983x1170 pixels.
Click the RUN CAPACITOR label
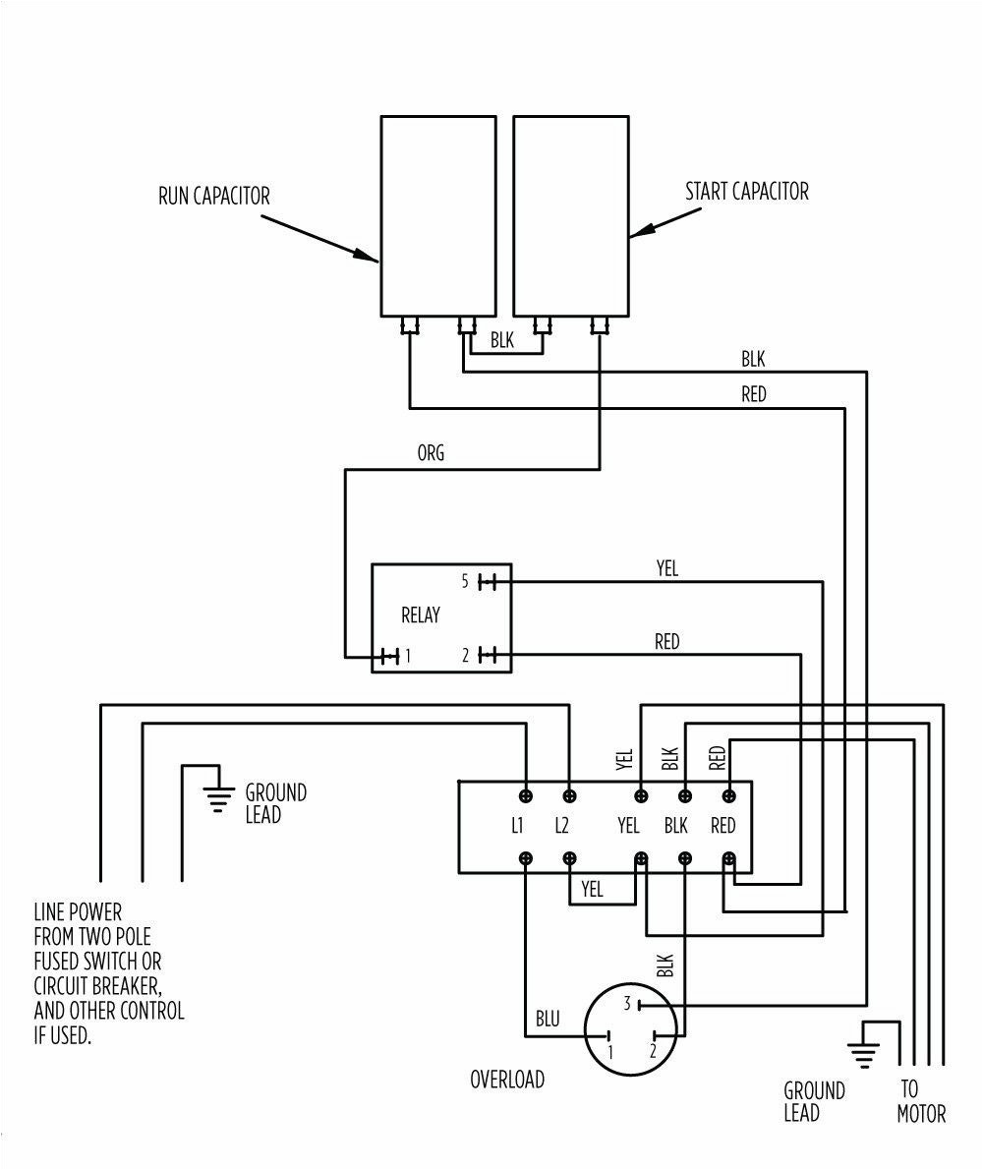point(214,196)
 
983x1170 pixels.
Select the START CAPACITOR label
point(747,191)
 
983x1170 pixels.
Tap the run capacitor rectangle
point(437,215)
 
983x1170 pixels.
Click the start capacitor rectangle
point(570,215)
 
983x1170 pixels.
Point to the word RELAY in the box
point(421,616)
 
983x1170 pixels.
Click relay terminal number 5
point(464,581)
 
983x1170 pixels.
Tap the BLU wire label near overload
point(548,1020)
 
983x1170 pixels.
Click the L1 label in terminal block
point(517,826)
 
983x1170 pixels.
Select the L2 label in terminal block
point(561,826)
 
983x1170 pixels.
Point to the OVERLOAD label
point(507,1080)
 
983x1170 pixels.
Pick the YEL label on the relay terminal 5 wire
point(666,568)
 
